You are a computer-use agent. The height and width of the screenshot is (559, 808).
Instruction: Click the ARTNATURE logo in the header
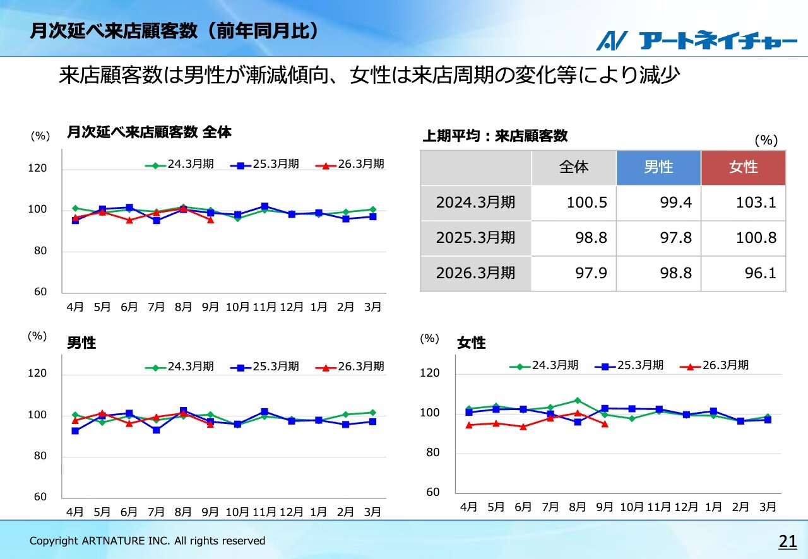697,40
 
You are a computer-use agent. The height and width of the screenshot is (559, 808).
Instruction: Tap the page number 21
788,541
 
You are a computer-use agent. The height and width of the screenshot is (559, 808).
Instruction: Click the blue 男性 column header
658,167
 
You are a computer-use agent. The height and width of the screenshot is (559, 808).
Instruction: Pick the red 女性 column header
743,167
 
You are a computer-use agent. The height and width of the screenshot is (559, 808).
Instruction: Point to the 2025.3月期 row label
475,238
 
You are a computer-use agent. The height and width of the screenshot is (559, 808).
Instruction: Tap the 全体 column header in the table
574,167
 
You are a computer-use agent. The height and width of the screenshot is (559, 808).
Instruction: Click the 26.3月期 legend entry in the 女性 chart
716,365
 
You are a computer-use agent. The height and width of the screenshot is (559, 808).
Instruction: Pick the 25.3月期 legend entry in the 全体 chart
265,165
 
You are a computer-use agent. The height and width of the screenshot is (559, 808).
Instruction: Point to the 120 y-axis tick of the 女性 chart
429,374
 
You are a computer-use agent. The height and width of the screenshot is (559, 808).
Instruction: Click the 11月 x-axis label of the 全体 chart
264,307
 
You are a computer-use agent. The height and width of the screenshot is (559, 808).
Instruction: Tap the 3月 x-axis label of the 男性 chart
373,512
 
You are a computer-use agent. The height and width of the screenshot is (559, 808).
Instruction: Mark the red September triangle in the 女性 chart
605,424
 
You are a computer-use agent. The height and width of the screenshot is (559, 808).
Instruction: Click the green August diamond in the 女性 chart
577,400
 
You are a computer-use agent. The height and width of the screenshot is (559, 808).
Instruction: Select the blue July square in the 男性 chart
156,430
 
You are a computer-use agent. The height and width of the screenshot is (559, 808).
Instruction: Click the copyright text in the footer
148,541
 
